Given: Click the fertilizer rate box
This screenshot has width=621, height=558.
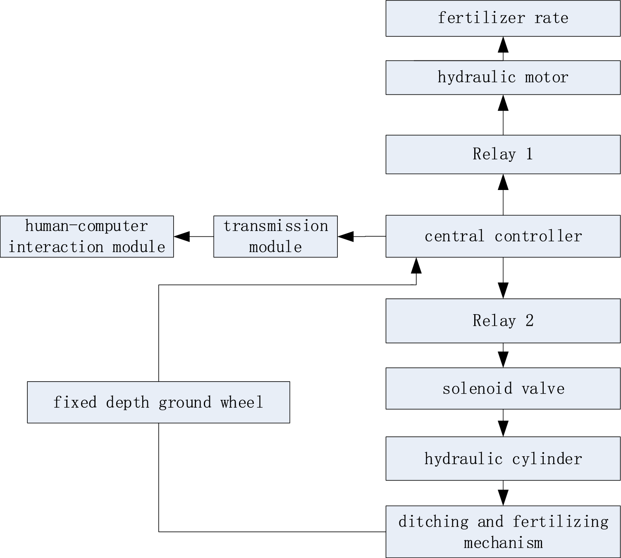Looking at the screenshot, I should [x=503, y=18].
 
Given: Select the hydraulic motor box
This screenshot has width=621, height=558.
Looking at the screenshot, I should [x=503, y=77].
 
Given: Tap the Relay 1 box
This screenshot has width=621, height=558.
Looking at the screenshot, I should [x=503, y=154].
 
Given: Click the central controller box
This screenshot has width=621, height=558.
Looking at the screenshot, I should [x=503, y=236].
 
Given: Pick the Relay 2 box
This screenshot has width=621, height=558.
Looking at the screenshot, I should [x=503, y=321].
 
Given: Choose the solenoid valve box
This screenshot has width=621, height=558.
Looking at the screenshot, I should [x=503, y=388].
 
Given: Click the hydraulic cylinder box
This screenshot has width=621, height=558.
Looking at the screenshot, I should [x=503, y=459].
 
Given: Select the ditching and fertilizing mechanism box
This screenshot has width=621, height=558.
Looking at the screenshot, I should [x=503, y=532].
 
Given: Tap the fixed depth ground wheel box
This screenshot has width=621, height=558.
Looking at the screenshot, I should [x=158, y=402].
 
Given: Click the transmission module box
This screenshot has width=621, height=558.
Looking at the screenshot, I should [x=275, y=236].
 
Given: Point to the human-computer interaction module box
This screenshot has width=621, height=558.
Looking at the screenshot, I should [x=87, y=236].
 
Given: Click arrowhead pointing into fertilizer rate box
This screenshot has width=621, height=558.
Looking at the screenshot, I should [x=503, y=44].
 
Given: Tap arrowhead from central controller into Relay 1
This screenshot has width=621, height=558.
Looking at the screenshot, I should [x=503, y=182].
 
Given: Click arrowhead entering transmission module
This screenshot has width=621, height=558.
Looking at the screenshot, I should [x=346, y=236].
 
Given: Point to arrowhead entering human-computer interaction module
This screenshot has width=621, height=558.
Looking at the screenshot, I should [x=182, y=236].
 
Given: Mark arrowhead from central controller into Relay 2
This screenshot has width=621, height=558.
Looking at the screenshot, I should [x=503, y=290].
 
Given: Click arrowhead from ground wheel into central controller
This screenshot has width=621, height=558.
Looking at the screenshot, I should [x=416, y=266].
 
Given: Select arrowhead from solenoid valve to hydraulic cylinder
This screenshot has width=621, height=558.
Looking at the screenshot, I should [x=503, y=428].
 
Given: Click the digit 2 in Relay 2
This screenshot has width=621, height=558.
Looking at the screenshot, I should [x=530, y=321].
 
